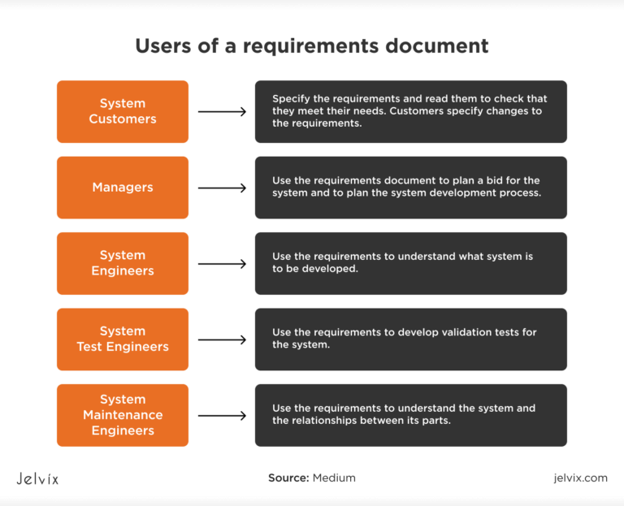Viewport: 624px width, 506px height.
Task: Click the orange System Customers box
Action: pyautogui.click(x=122, y=111)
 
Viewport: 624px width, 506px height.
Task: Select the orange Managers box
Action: pyautogui.click(x=122, y=188)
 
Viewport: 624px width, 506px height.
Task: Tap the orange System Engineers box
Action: pyautogui.click(x=122, y=263)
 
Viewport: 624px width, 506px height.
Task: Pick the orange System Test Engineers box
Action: pyautogui.click(x=122, y=339)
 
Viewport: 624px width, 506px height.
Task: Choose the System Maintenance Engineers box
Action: pyautogui.click(x=122, y=415)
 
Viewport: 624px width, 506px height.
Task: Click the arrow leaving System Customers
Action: pyautogui.click(x=222, y=111)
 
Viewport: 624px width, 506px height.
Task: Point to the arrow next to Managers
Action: pyautogui.click(x=222, y=188)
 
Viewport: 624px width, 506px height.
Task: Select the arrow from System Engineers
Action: pyautogui.click(x=222, y=263)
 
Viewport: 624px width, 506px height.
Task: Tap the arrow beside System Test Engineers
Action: pyautogui.click(x=222, y=339)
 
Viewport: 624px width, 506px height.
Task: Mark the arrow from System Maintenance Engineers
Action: pyautogui.click(x=222, y=415)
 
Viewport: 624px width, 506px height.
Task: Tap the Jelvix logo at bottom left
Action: pyautogui.click(x=37, y=478)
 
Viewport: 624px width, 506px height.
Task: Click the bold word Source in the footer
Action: pyautogui.click(x=288, y=478)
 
